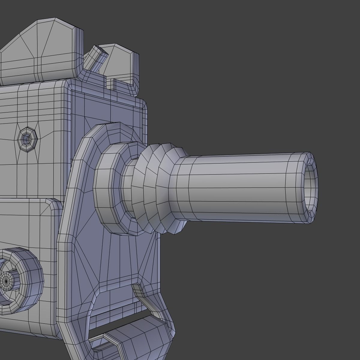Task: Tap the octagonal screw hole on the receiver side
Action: (x=27, y=139)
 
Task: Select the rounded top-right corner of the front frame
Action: (x=143, y=103)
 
